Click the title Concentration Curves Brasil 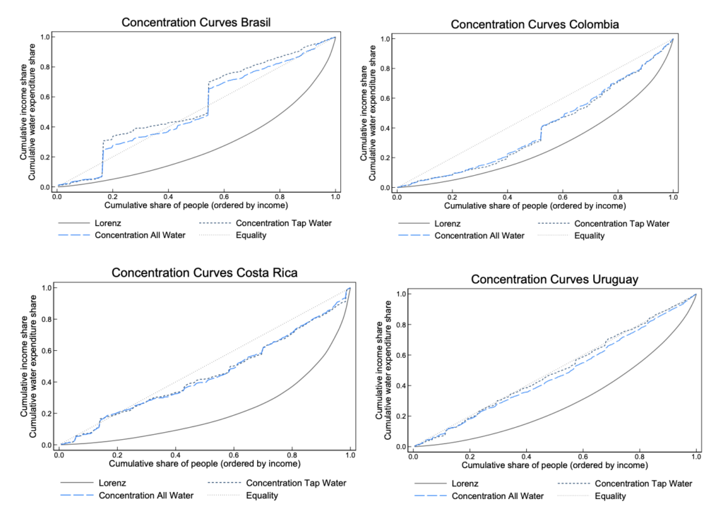point(196,22)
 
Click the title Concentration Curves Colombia point(534,25)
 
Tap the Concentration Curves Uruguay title point(554,280)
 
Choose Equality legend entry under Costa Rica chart point(261,496)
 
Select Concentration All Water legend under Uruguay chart point(497,496)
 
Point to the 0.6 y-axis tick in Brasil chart point(44,97)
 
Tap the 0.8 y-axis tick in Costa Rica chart point(47,319)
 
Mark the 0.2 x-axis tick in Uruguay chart point(470,457)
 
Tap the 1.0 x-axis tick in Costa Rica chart point(349,455)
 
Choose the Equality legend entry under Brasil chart point(251,235)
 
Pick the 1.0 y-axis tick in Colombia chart point(386,38)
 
